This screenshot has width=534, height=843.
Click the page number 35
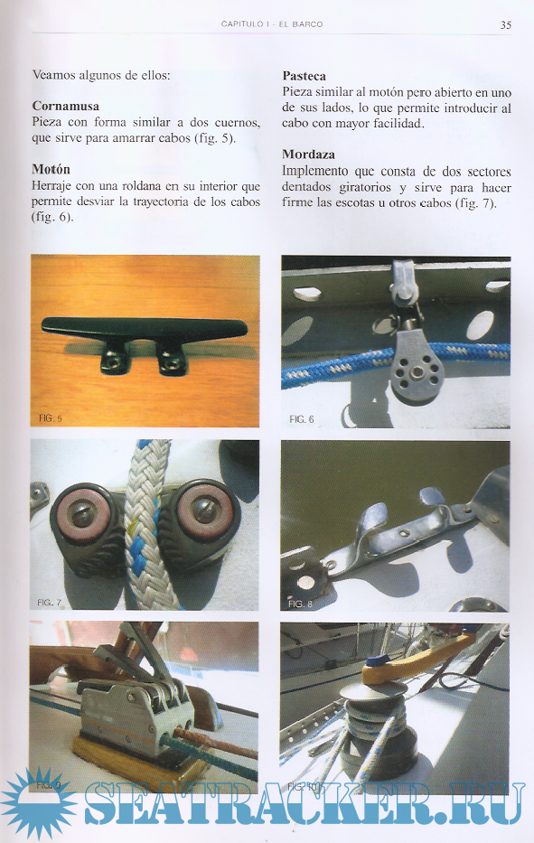[x=505, y=24]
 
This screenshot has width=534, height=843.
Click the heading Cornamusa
[x=66, y=106]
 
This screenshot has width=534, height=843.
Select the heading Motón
[x=52, y=169]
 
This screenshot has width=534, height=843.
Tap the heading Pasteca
[x=304, y=76]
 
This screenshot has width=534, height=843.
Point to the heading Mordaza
[x=308, y=155]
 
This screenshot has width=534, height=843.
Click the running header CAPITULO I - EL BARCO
[x=272, y=24]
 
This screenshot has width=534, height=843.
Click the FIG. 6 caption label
[x=301, y=419]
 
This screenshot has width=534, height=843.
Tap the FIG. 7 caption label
[x=49, y=603]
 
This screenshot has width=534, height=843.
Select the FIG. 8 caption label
[x=300, y=604]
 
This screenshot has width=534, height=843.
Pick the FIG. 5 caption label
[x=50, y=417]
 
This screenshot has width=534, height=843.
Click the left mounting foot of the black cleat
[x=115, y=357]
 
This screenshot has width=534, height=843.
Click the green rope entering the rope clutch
[x=211, y=759]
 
